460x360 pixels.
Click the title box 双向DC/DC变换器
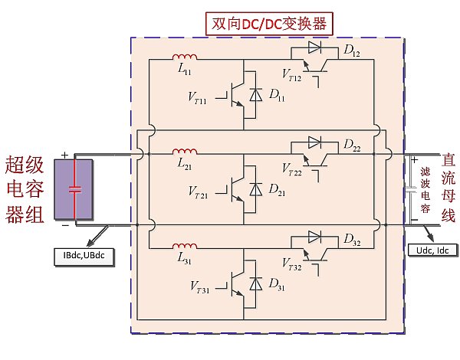click(268, 23)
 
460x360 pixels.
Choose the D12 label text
click(352, 51)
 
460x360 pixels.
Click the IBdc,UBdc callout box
click(84, 253)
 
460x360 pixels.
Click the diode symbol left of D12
click(314, 47)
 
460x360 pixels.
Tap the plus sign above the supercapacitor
click(65, 155)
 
